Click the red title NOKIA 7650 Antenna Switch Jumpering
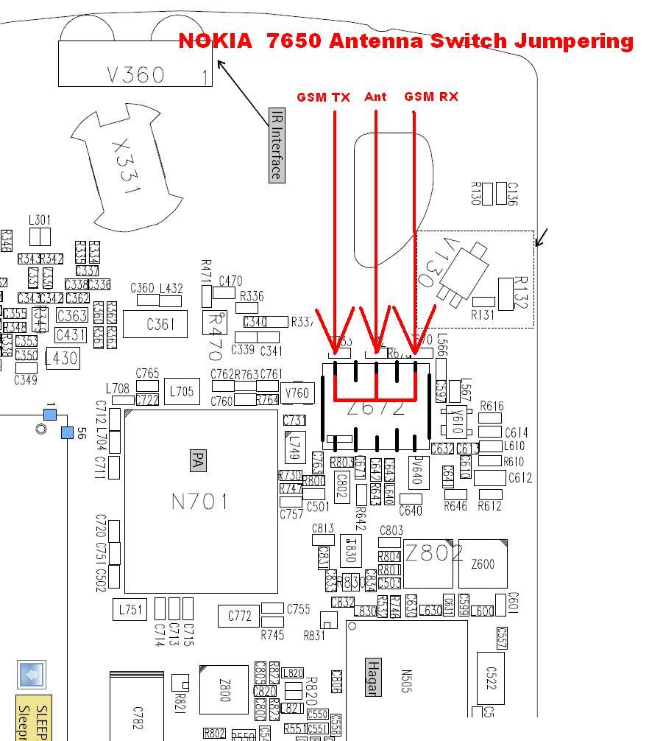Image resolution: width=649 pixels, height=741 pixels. click(x=405, y=41)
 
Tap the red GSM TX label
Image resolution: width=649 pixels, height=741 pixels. click(x=323, y=97)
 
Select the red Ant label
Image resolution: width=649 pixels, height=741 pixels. click(x=375, y=96)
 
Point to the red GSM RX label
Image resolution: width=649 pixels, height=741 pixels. click(x=431, y=96)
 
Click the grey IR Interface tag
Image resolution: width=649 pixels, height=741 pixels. click(x=277, y=144)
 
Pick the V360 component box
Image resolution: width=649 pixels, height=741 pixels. click(x=135, y=64)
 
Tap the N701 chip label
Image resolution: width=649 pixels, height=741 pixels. click(x=200, y=502)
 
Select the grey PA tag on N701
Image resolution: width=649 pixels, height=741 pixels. click(x=196, y=461)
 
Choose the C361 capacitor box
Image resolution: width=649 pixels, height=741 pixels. click(x=160, y=323)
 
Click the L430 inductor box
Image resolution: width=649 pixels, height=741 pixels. click(x=62, y=359)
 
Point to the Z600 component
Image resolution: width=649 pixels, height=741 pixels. click(x=483, y=564)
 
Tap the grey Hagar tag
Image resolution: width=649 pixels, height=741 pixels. click(x=373, y=678)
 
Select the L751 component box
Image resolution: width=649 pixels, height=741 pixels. click(x=130, y=609)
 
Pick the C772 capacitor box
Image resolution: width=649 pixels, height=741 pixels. click(x=240, y=616)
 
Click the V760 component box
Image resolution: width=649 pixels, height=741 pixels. click(x=297, y=393)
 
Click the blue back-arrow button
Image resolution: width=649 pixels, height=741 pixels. click(x=32, y=675)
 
